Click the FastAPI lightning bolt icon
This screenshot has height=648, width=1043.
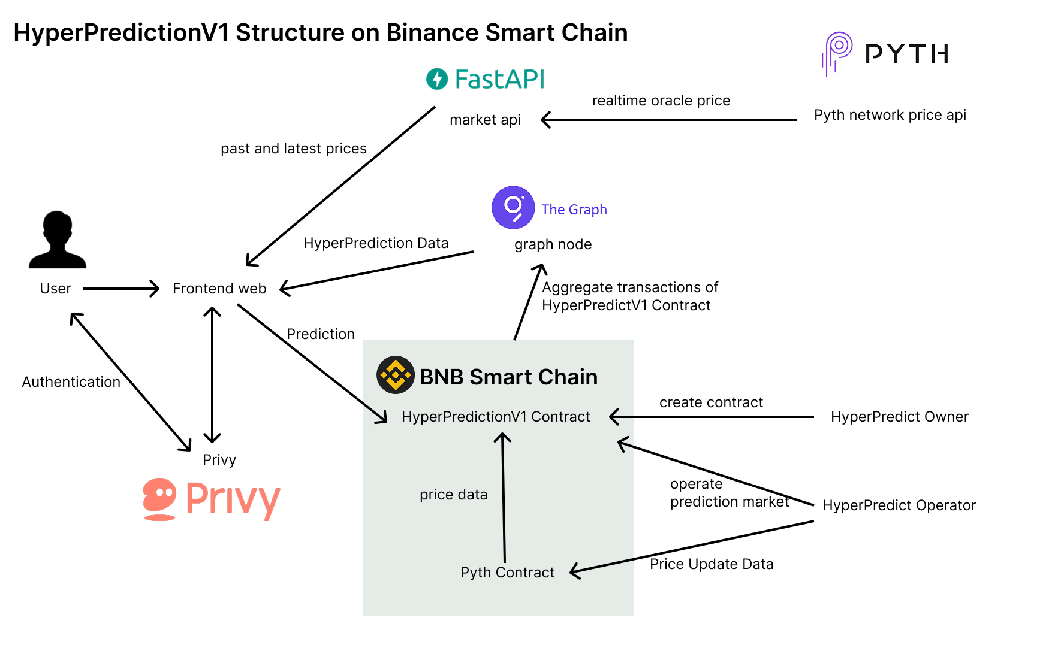[437, 79]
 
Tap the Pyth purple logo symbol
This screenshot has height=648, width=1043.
[837, 53]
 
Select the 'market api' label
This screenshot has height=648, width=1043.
[485, 120]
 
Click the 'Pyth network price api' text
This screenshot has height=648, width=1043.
[890, 115]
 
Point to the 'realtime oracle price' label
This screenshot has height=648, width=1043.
[661, 101]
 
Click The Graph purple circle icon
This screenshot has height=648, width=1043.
[513, 208]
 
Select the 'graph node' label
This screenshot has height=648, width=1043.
[553, 244]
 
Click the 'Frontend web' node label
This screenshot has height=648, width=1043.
[219, 289]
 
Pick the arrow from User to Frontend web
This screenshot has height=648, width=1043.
[120, 289]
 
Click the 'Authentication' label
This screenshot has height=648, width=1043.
[71, 382]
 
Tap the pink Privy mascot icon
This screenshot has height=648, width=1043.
[159, 499]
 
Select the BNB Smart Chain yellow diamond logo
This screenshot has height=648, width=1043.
[396, 375]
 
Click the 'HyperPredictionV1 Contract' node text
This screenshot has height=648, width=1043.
[496, 417]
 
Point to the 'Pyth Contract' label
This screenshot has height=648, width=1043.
[507, 573]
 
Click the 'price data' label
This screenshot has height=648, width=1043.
[453, 495]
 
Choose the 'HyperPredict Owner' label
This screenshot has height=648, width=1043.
[899, 417]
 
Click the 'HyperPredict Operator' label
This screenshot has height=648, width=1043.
[899, 505]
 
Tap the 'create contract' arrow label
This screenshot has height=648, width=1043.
[711, 402]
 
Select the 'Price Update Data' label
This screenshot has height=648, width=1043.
[712, 564]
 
